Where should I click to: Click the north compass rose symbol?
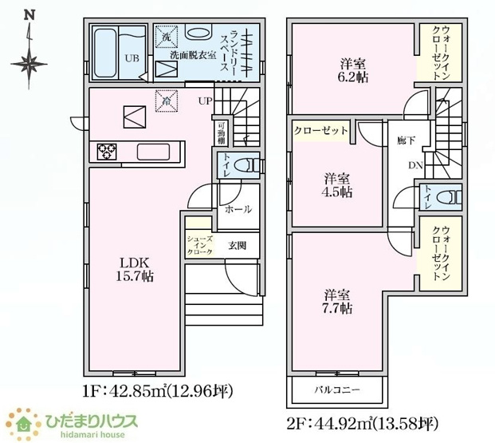29,60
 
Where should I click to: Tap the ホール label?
238,209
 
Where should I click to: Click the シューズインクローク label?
199,245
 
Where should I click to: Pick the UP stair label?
205,101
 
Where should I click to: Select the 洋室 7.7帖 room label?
339,299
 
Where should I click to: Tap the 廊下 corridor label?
406,140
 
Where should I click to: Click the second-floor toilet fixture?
451,196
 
